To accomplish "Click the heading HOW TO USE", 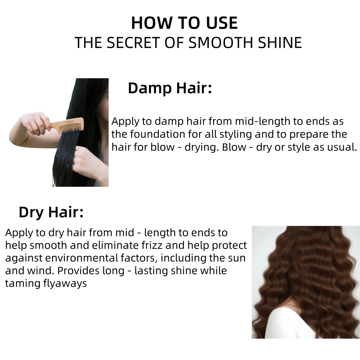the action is coord(184,23).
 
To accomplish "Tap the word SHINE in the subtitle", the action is coord(280,42).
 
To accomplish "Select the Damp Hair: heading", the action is coord(170,88).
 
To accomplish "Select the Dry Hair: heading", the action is coord(51,212).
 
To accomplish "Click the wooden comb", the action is coord(67,125).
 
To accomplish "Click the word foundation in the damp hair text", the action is coord(158,134).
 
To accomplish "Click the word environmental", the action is coord(81,258).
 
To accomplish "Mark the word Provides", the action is coord(78,270).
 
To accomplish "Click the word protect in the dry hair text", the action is coord(229,246).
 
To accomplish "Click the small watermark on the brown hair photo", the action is coord(260,232).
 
